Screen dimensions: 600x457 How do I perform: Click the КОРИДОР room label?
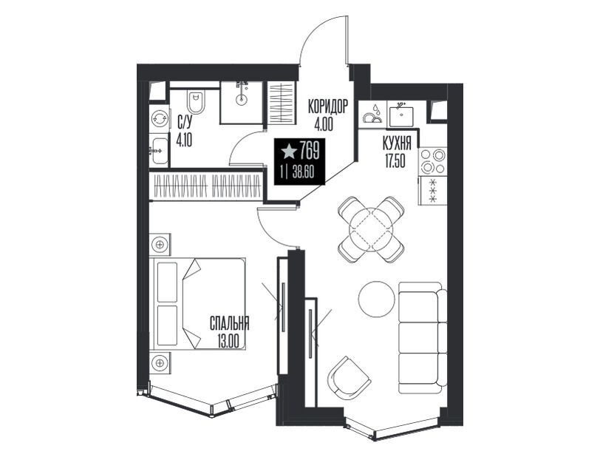coord(328,106)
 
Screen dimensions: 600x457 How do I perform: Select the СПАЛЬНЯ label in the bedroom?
coord(230,323)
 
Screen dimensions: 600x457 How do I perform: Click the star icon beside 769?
coord(289,152)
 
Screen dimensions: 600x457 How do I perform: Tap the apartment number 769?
coord(309,150)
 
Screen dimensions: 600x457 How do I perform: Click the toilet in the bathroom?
coord(196,101)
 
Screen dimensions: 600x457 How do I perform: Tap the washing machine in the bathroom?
coord(159,119)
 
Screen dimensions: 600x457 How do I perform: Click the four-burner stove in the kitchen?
coord(433,161)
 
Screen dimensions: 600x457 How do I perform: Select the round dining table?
coord(371,229)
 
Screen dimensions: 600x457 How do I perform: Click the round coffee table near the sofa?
coord(376,299)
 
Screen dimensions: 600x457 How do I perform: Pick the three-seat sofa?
coord(423,337)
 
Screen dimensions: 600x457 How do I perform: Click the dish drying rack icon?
coord(372,114)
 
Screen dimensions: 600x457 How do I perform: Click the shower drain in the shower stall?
coord(241,101)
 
